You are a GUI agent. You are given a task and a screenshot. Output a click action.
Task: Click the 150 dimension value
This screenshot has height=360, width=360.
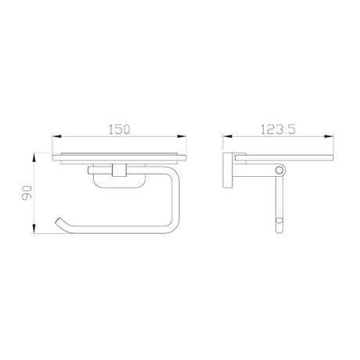click(119, 129)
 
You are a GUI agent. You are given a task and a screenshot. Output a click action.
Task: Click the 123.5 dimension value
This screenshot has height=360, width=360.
click(278, 129)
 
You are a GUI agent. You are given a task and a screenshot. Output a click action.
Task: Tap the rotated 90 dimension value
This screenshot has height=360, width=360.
click(27, 193)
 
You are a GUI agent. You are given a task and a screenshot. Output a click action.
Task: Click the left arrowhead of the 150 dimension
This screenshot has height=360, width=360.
click(57, 136)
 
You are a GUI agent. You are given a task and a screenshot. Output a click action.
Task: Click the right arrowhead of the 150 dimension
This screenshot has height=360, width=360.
click(182, 136)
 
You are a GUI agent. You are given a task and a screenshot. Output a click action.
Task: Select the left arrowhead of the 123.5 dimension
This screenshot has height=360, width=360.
click(228, 136)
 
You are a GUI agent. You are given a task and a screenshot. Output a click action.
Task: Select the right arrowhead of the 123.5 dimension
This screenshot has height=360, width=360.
click(329, 136)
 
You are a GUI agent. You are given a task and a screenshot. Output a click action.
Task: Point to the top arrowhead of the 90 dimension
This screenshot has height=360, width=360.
click(34, 158)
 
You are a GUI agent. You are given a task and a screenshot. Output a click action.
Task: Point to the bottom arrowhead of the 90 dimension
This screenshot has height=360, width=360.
click(34, 229)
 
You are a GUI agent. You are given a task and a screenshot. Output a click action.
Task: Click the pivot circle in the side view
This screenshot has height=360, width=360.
click(279, 171)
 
